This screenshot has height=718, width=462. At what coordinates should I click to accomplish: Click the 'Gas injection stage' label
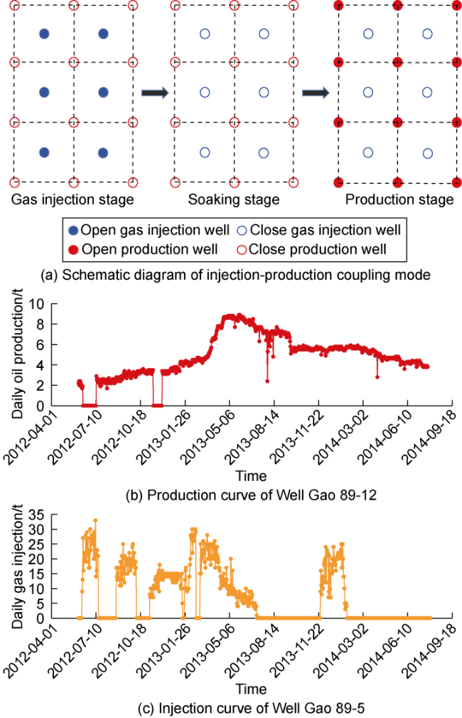click(72, 200)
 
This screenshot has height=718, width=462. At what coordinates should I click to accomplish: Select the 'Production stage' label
click(399, 200)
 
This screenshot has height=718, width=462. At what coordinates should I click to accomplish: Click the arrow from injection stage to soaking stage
click(154, 93)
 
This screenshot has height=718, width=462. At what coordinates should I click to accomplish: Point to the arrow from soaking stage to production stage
click(316, 93)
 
